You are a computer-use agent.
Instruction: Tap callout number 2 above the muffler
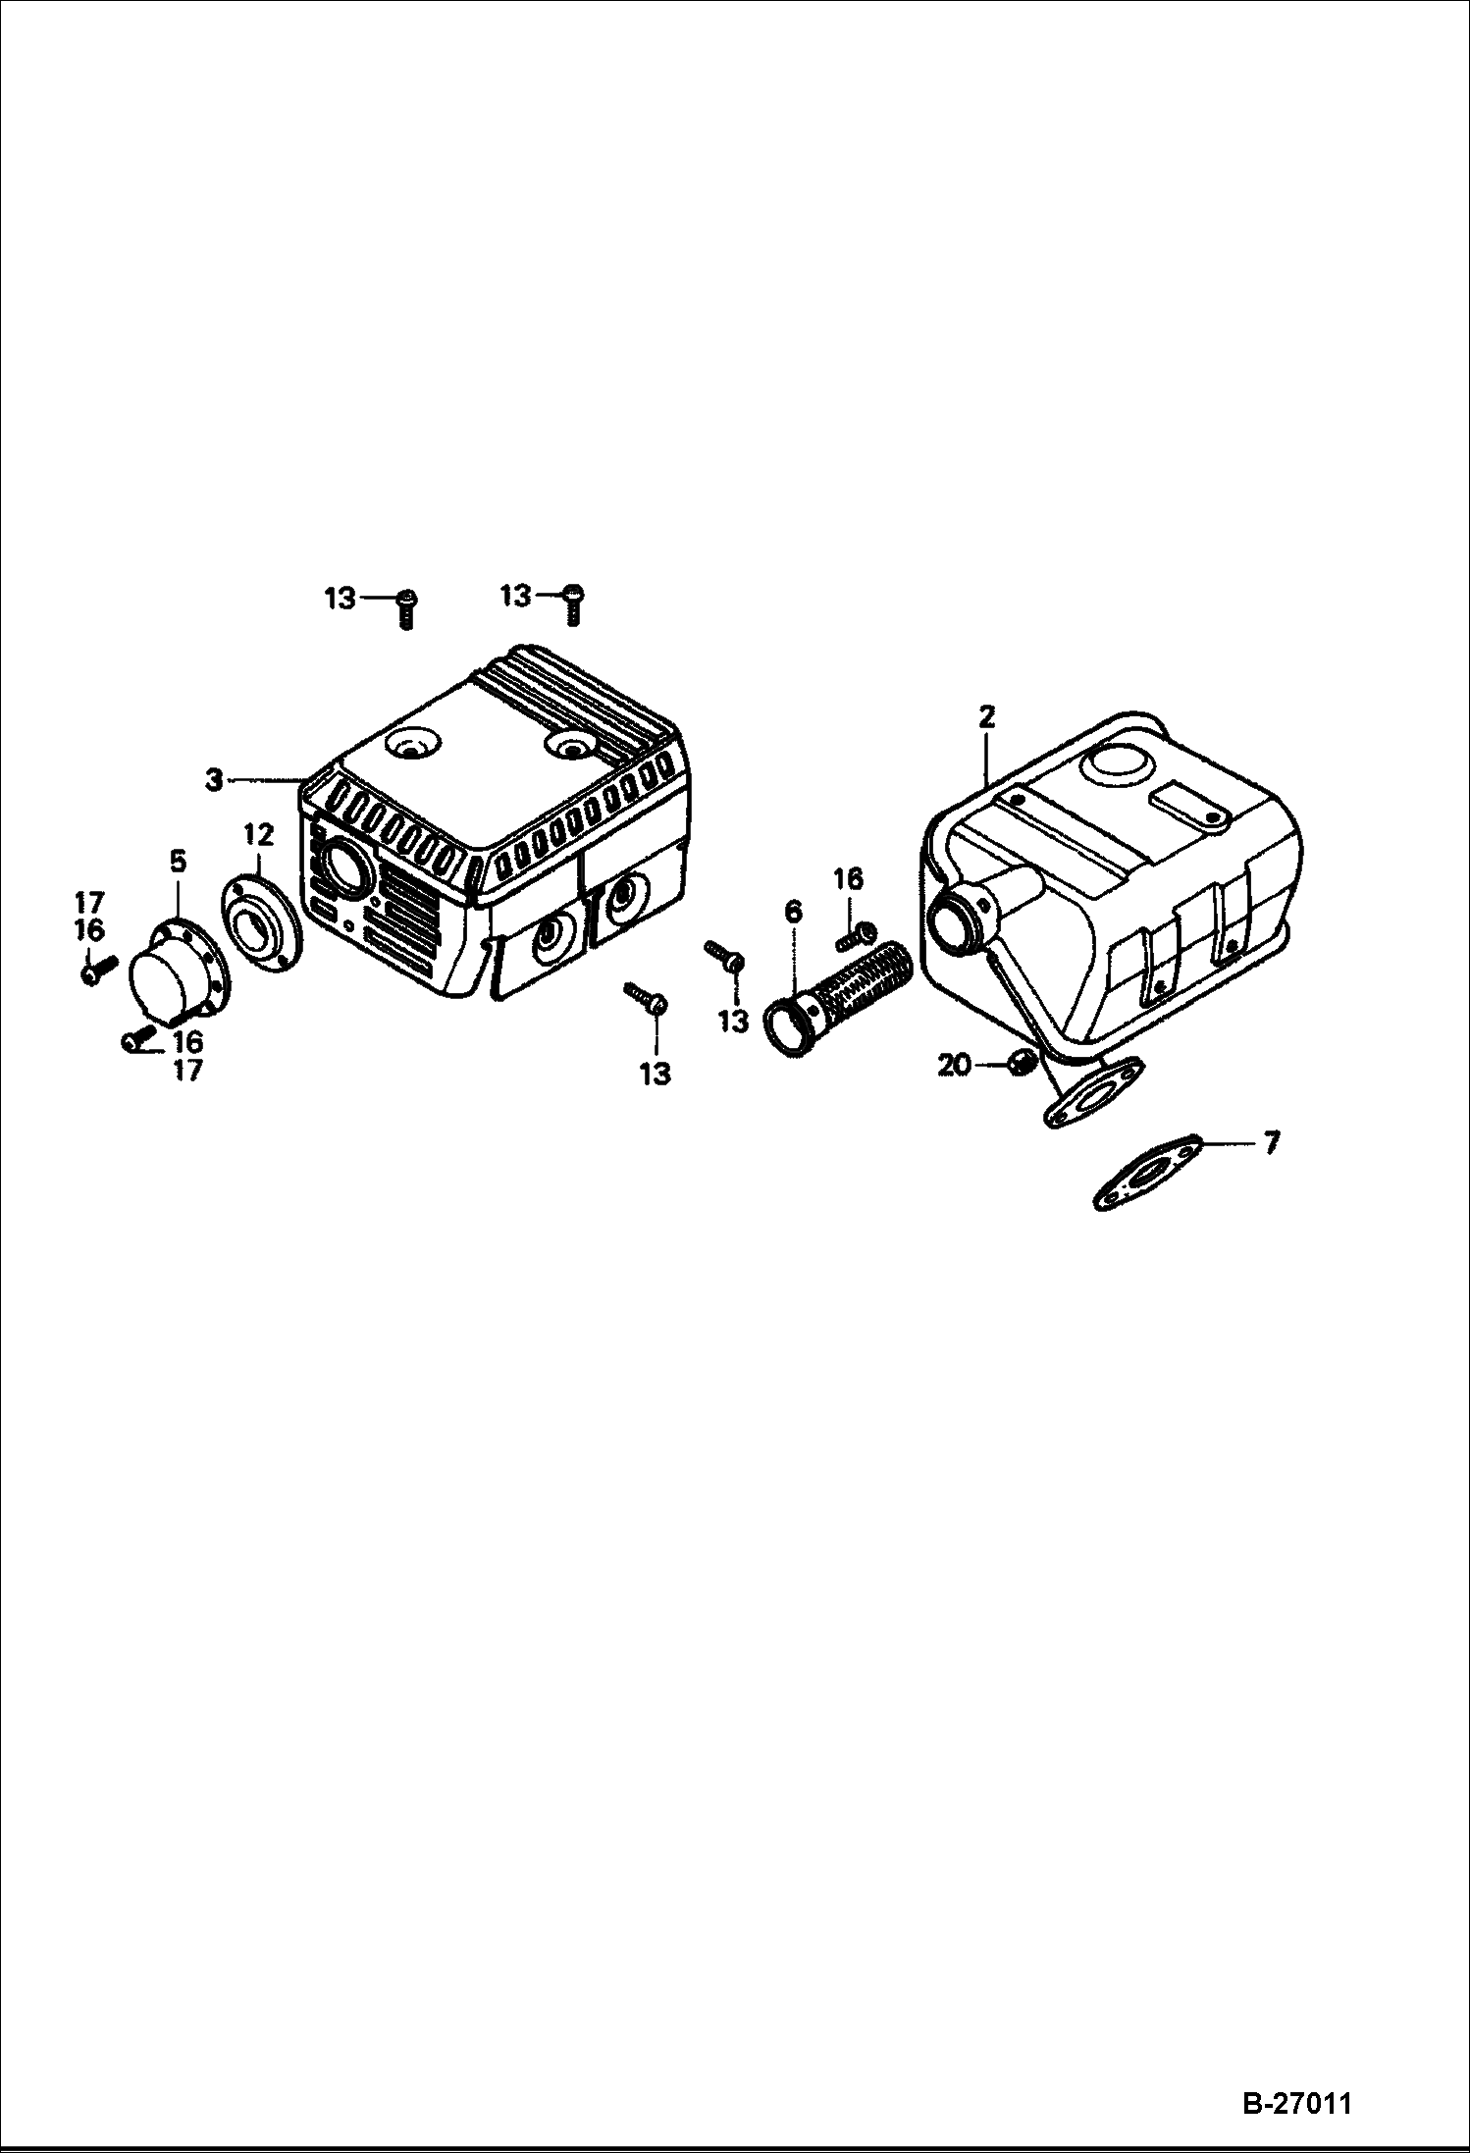(x=986, y=717)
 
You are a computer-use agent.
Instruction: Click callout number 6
(x=793, y=912)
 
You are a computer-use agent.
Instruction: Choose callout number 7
(x=1271, y=1143)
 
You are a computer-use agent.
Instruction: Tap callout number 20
(x=954, y=1064)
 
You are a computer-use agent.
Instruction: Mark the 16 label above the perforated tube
(x=848, y=879)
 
